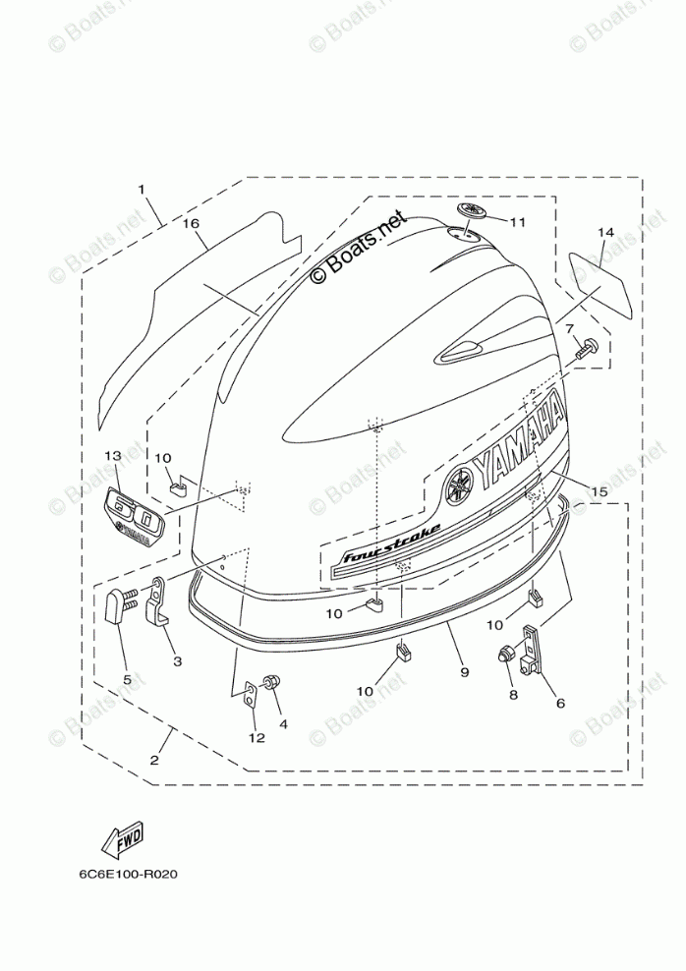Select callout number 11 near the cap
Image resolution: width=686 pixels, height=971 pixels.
[518, 222]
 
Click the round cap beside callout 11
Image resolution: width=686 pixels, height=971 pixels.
[470, 212]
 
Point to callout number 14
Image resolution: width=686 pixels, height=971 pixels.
[604, 233]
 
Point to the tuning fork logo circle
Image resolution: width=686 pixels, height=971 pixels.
[458, 485]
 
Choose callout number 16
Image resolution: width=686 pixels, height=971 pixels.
[192, 224]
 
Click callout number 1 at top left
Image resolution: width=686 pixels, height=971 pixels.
[142, 189]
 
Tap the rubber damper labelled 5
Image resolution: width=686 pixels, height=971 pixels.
[116, 609]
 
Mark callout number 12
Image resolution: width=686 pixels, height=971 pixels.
[257, 737]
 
